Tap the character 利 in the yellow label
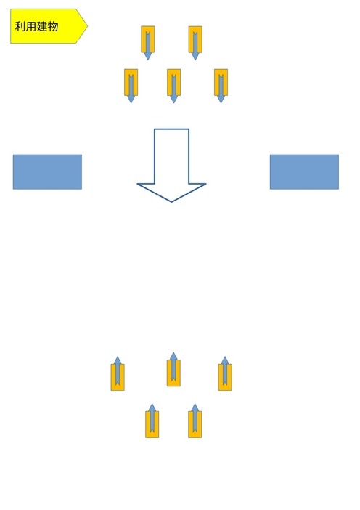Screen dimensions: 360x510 pos(20,26)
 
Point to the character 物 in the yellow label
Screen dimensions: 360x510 pos(53,26)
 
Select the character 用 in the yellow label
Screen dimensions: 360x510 pos(31,26)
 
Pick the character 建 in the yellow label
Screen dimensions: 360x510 pos(42,26)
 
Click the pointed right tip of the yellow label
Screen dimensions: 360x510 pos(87,26)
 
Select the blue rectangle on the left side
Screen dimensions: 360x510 pos(47,171)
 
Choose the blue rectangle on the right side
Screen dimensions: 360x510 pos(304,171)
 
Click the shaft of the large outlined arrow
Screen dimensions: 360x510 pos(171,156)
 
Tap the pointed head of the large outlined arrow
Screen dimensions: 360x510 pos(171,202)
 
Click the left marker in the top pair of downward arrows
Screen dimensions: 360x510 pos(148,43)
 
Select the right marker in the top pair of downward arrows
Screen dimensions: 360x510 pos(195,43)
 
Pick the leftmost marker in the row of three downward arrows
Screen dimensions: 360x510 pos(131,86)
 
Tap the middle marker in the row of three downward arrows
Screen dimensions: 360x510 pos(173,86)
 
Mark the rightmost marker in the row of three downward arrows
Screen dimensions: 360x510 pos(221,86)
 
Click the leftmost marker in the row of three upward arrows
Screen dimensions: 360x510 pos(118,373)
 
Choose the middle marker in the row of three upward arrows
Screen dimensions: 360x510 pos(173,369)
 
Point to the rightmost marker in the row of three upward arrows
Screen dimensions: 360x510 pos(225,373)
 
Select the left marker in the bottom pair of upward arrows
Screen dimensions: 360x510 pos(152,421)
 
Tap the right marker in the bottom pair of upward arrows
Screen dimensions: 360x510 pos(195,421)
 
